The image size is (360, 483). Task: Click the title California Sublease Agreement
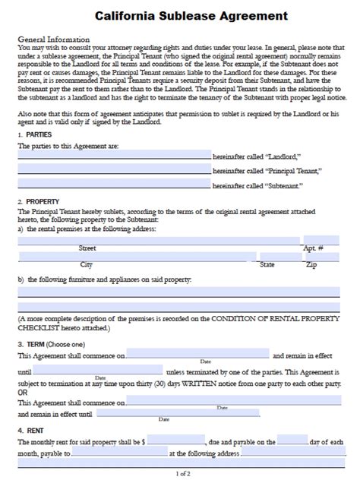pos(180,15)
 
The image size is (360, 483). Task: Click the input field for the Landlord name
pos(114,154)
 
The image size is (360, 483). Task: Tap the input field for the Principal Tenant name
pos(114,169)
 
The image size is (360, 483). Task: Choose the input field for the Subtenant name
pos(114,185)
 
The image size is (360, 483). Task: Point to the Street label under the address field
pos(87,248)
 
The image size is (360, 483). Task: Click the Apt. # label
pos(313,248)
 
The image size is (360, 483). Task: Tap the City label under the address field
pos(87,265)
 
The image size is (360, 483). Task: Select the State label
pos(267,265)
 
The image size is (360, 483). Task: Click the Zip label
pos(311,265)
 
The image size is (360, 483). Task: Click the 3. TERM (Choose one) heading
pos(50,344)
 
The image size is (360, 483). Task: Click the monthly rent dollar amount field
pos(176,440)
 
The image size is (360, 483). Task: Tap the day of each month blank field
pos(292,440)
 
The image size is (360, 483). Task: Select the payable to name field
pos(119,453)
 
